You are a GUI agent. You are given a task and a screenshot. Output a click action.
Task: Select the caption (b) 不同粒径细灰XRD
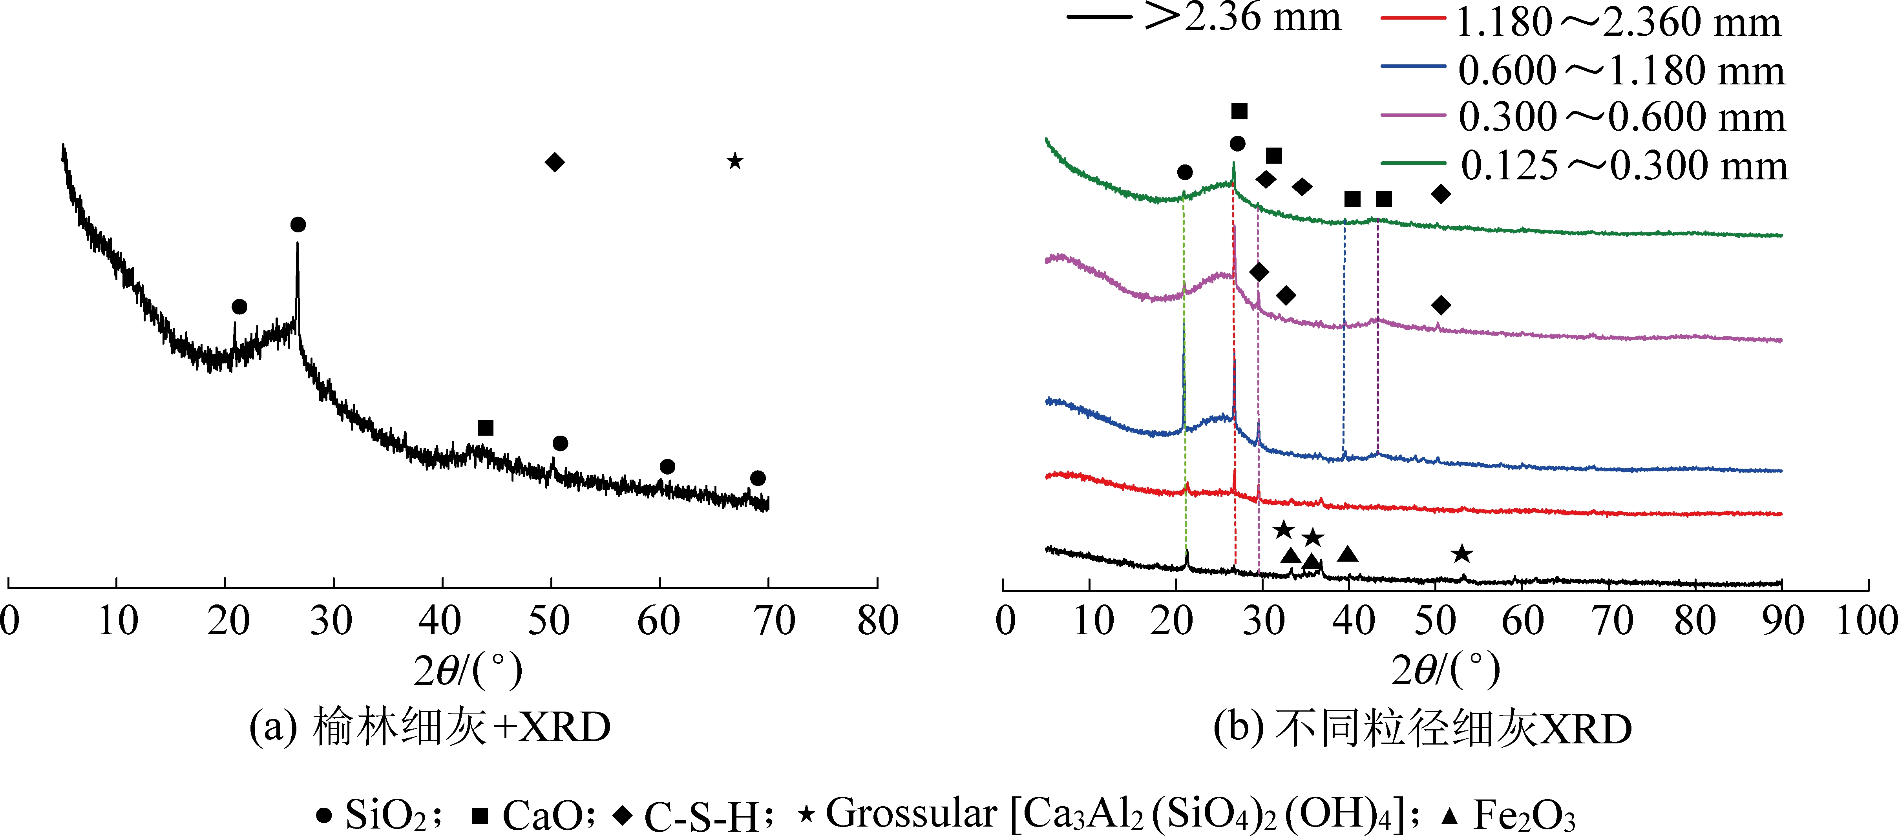[x=1422, y=729]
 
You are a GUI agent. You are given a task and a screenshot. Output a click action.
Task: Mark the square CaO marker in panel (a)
[x=485, y=428]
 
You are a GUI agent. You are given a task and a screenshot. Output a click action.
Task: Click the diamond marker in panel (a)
[x=555, y=162]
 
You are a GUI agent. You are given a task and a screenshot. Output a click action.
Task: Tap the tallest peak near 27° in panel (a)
[x=298, y=247]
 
